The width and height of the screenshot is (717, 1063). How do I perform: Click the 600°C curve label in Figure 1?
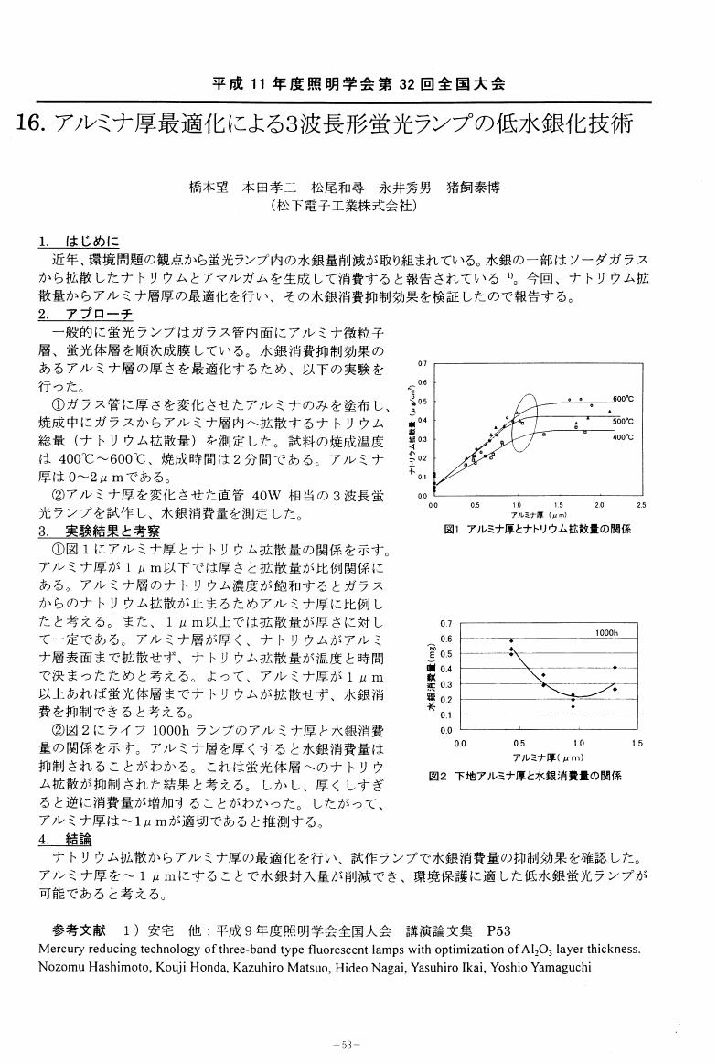tap(624, 399)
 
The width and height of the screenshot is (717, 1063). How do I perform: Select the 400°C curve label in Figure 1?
tap(624, 436)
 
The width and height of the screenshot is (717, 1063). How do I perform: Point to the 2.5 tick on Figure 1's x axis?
tap(642, 504)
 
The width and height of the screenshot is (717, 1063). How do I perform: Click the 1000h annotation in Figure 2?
tap(606, 633)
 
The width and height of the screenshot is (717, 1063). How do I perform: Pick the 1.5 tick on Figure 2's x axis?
tap(637, 744)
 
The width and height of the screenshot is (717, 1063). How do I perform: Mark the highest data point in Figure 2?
tap(511, 641)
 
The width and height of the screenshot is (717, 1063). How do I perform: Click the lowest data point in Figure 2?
tap(573, 706)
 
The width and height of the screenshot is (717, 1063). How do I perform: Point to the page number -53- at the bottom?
tap(351, 1044)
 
